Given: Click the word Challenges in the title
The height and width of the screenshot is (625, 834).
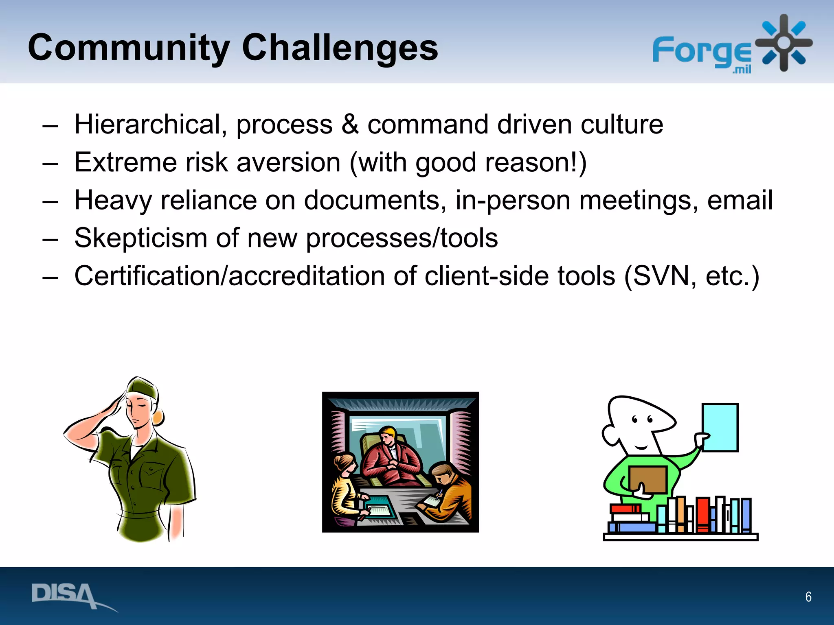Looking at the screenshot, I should tap(340, 48).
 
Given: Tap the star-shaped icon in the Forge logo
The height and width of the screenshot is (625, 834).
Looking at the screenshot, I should tap(784, 43).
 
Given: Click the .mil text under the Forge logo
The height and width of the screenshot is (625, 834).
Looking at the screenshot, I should tap(742, 70).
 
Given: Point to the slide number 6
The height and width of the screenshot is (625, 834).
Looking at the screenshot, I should tap(808, 597).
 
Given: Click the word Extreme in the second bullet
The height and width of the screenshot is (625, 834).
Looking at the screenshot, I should tap(126, 162).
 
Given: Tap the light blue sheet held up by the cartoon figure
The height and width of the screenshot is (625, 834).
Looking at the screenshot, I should tap(720, 427).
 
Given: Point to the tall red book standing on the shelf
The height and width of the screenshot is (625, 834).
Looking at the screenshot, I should tap(703, 515).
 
